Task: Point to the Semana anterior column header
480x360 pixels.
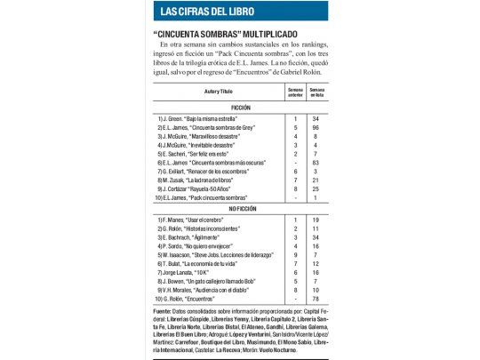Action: pos(294,92)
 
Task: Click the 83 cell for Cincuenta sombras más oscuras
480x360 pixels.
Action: pos(316,164)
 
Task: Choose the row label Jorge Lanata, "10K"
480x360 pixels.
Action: pos(183,271)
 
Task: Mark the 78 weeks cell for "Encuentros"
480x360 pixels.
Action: pos(316,300)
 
